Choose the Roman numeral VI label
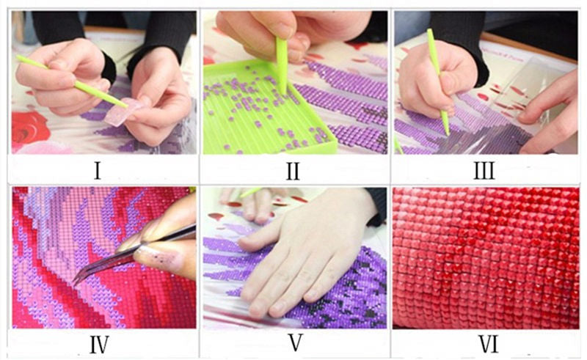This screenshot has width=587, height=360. (487, 342)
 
